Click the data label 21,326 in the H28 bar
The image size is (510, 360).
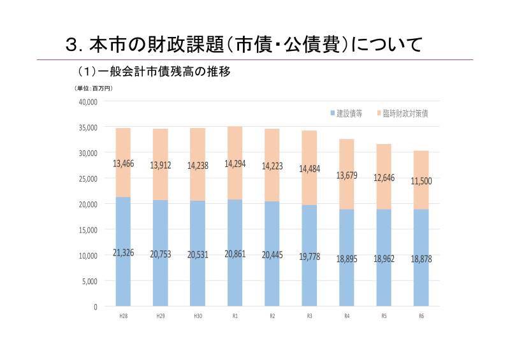point(123,254)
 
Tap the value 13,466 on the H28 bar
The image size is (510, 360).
point(123,164)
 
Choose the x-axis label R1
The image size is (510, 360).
point(235,316)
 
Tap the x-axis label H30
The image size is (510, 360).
point(197,316)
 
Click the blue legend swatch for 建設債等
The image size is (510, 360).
point(333,113)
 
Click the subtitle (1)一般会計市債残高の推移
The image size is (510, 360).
point(153,72)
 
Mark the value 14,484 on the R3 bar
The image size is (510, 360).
point(309,168)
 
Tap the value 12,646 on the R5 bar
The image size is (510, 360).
point(383,177)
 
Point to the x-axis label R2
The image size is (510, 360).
point(272,316)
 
